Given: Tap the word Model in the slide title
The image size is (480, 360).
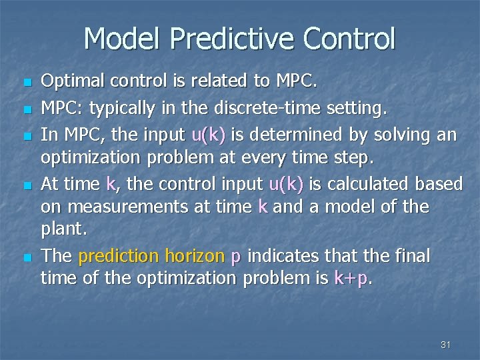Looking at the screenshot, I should (x=124, y=39).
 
